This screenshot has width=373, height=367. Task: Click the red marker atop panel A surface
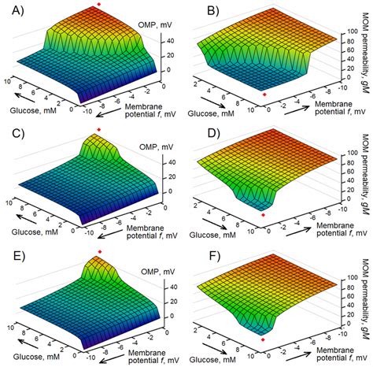[98, 6]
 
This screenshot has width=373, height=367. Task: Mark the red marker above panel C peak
[98, 128]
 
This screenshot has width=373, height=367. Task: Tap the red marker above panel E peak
[98, 251]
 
